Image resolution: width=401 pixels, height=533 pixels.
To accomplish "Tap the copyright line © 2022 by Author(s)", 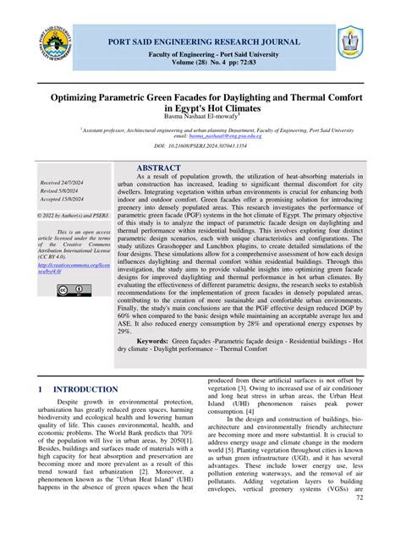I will click(72, 216).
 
